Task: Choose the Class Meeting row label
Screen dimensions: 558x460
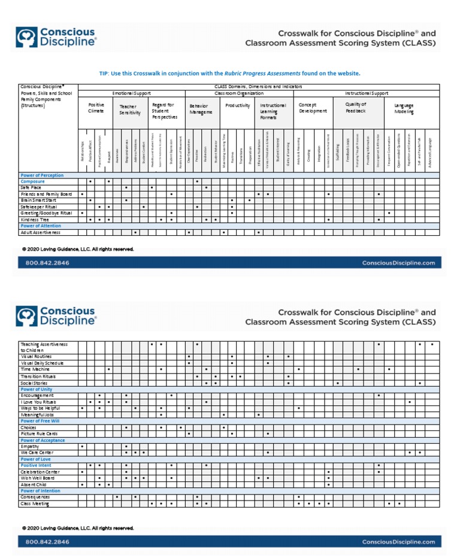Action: click(34, 504)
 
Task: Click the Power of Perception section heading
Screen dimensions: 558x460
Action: click(42, 175)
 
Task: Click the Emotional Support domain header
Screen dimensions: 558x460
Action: click(131, 93)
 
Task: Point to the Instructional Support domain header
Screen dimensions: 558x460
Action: click(367, 93)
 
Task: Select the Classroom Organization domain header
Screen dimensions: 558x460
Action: click(239, 93)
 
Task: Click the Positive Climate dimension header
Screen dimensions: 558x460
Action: click(96, 108)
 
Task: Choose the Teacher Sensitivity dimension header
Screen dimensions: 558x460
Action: click(129, 110)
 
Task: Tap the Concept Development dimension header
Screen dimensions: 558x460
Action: click(313, 108)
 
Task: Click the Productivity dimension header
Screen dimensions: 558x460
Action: click(238, 105)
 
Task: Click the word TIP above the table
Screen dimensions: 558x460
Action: click(104, 73)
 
